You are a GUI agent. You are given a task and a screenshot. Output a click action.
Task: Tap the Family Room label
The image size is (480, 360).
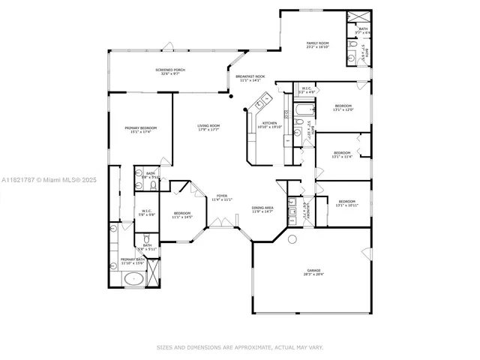(317, 43)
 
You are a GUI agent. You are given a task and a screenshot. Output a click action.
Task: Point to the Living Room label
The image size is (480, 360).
(208, 125)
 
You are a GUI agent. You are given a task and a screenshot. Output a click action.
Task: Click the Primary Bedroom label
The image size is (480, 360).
(140, 128)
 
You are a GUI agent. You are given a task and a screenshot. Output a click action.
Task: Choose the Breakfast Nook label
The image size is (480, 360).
(250, 76)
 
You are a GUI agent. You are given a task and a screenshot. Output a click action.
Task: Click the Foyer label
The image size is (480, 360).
(222, 195)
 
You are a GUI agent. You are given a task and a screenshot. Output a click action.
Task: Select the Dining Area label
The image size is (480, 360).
(262, 207)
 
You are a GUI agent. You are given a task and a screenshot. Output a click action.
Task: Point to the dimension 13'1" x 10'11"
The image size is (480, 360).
(346, 205)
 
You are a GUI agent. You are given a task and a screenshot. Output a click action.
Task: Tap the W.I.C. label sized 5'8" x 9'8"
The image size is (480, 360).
(147, 211)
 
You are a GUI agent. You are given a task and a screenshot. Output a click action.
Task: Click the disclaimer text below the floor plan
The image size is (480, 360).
(240, 347)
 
